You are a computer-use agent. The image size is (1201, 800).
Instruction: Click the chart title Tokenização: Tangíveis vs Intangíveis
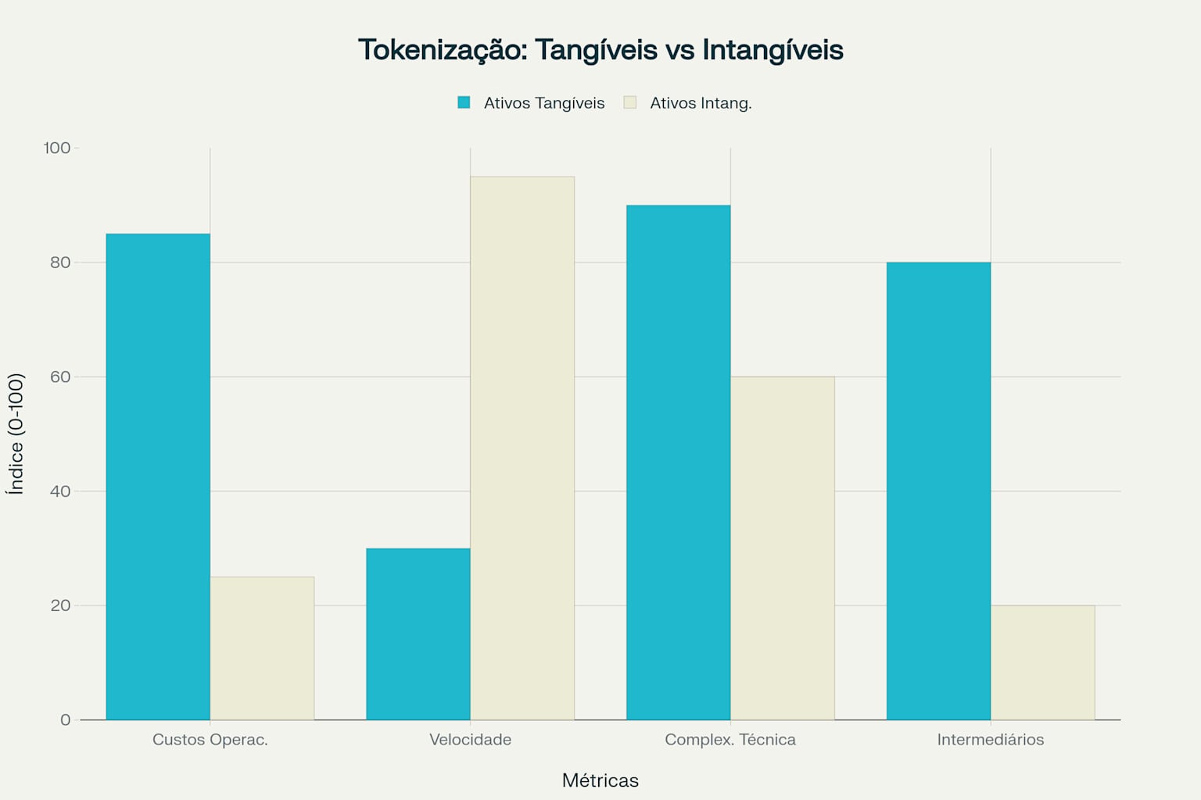600,50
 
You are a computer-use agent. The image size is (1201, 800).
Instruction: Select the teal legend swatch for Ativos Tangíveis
464,102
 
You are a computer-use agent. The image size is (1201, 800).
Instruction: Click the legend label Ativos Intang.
701,103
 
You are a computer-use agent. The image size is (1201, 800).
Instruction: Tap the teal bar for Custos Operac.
158,477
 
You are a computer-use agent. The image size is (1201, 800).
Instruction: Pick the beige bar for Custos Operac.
262,648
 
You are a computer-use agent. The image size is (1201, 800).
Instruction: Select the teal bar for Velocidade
418,634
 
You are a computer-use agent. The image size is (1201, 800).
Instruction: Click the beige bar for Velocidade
522,448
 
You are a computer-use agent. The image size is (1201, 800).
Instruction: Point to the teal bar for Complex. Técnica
678,462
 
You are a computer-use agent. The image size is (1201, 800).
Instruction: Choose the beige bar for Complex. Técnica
783,548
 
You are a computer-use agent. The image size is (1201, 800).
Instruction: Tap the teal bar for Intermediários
938,491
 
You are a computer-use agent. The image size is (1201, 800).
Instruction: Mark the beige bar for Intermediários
1042,662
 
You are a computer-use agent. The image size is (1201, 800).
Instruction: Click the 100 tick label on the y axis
57,148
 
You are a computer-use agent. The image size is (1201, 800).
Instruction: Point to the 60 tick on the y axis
60,377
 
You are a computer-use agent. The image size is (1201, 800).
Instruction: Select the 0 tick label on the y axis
66,720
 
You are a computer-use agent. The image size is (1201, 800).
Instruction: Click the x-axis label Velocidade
470,740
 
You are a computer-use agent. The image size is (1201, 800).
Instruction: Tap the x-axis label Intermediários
991,740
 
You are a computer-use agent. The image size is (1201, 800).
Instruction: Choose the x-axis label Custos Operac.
210,740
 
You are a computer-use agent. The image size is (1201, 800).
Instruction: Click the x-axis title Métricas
600,780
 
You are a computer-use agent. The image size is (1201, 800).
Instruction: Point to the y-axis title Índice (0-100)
16,434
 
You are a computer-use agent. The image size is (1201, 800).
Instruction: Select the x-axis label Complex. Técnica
730,740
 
